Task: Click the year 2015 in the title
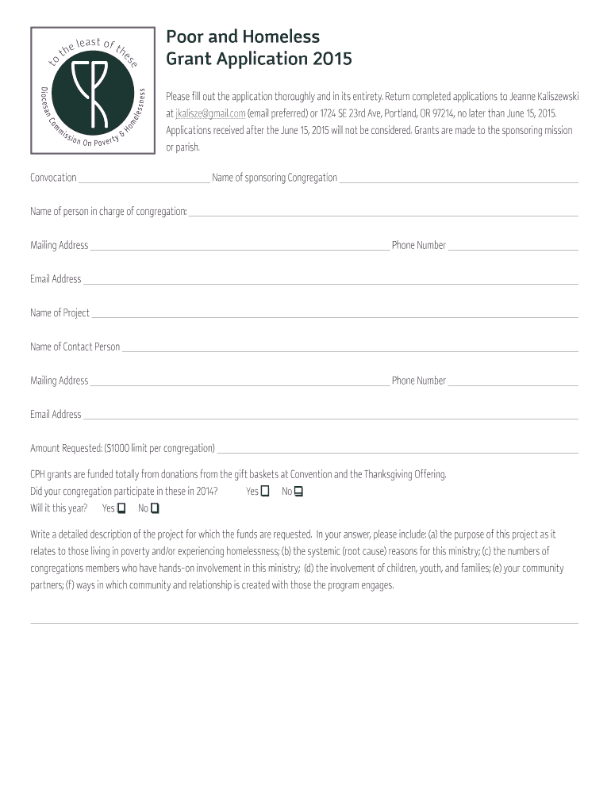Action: (332, 59)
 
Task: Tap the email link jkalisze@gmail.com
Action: (210, 113)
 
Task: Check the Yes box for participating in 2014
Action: (265, 492)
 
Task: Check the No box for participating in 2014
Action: (298, 492)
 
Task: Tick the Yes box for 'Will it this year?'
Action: (121, 508)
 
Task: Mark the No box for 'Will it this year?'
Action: (155, 508)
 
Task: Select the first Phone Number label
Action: (418, 246)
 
